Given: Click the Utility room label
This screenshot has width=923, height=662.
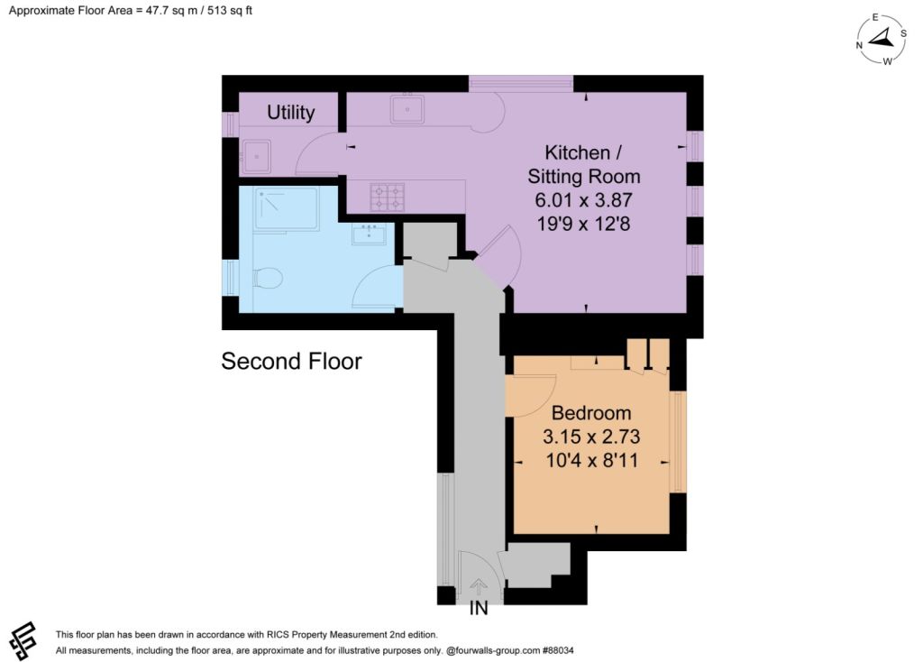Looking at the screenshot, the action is [x=291, y=113].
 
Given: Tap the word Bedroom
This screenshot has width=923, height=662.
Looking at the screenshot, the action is [x=591, y=413].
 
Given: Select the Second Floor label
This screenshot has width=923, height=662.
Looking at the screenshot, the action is [x=291, y=361].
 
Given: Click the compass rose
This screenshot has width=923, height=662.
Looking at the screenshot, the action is [x=882, y=39].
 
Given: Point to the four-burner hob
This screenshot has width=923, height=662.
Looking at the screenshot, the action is [x=388, y=198].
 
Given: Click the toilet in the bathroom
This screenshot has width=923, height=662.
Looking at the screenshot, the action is [x=267, y=278].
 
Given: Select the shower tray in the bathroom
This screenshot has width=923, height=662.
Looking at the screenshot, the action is [x=287, y=209].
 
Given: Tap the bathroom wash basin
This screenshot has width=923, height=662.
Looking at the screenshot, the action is [x=369, y=234].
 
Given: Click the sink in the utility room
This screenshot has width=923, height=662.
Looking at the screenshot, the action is [x=256, y=157].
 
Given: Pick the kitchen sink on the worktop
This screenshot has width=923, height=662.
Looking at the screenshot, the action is [x=407, y=109].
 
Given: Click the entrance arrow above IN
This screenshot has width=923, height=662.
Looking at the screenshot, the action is [x=479, y=586].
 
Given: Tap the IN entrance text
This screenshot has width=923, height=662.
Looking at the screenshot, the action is [x=479, y=609].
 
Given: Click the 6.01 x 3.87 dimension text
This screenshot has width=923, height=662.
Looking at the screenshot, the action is [x=583, y=200].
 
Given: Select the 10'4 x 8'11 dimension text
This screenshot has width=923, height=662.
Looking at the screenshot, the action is [x=591, y=460].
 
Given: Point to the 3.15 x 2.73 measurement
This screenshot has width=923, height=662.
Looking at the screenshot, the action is [x=591, y=437].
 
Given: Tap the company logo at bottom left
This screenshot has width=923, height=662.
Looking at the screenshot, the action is [x=23, y=640].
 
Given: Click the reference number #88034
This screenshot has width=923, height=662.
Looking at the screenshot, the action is [x=557, y=650].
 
